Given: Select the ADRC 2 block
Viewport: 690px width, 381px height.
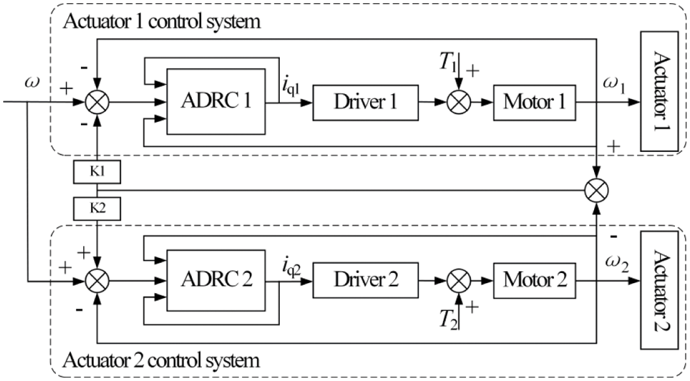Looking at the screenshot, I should [x=215, y=277].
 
